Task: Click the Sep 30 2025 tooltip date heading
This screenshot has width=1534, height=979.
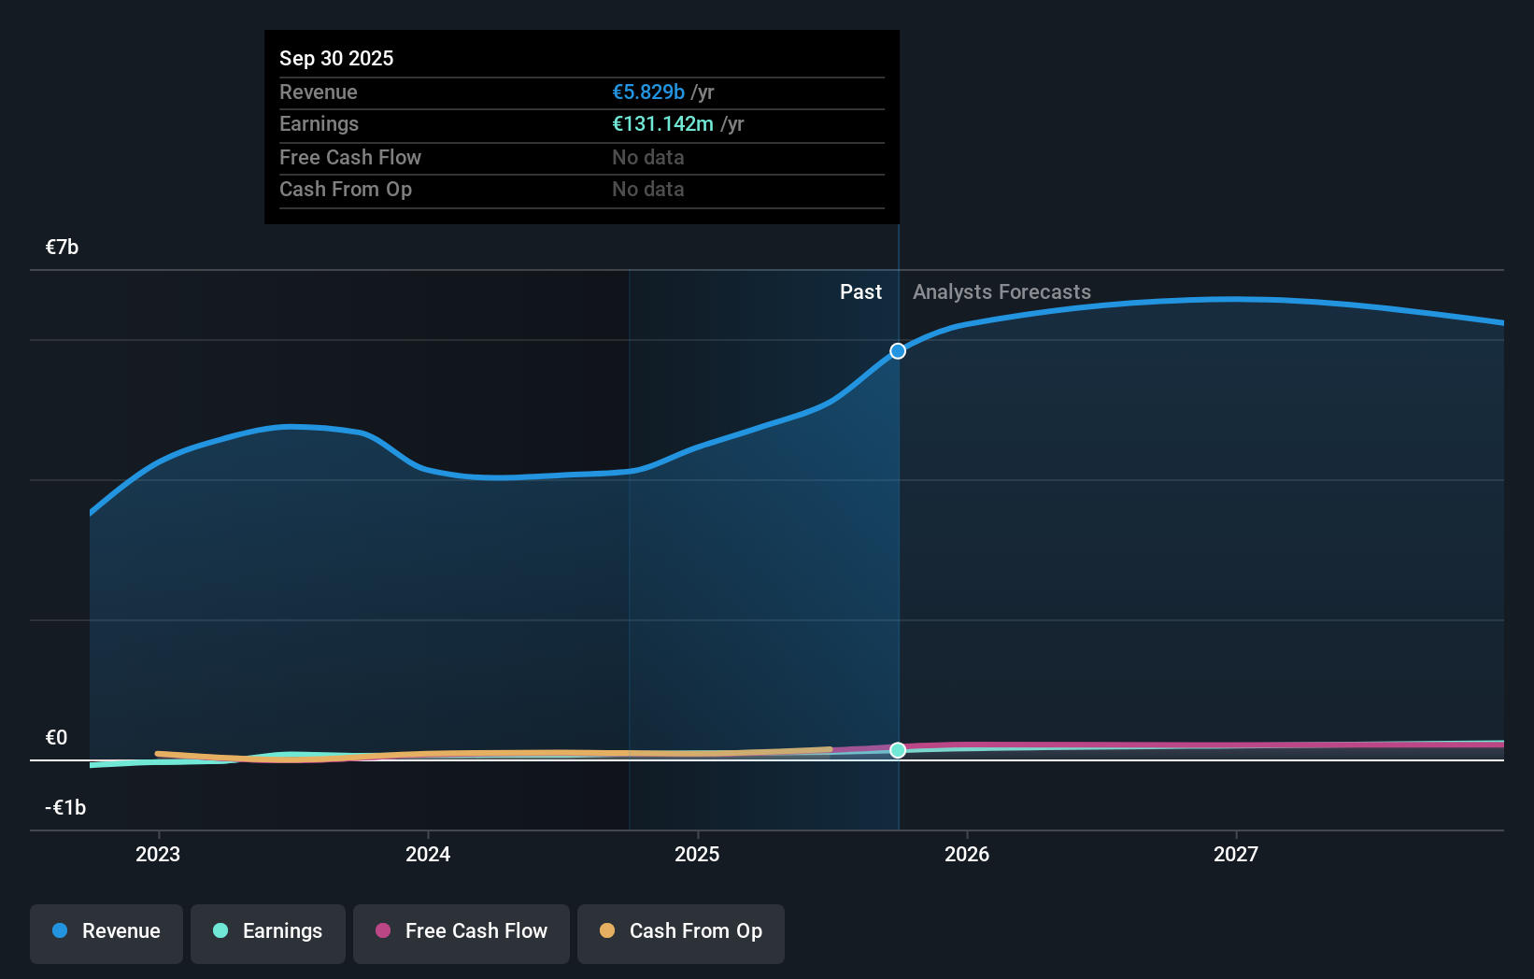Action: coord(336,58)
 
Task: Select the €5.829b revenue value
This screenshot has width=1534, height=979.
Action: coord(647,92)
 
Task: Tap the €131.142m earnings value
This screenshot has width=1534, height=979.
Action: coord(662,123)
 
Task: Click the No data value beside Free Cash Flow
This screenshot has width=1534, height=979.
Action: coord(647,157)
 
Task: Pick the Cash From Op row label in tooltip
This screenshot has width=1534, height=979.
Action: coord(346,189)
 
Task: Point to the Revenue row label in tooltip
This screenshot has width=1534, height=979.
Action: coord(319,92)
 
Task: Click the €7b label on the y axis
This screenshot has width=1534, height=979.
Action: coord(62,247)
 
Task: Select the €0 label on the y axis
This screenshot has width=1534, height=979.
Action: coord(56,737)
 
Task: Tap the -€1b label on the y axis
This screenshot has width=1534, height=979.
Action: coord(65,807)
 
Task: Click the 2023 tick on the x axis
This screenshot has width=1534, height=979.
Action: coord(158,854)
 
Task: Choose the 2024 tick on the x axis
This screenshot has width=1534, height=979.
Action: coord(428,854)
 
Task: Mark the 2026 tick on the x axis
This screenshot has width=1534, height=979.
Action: coord(967,854)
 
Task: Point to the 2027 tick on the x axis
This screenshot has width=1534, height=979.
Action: coord(1236,854)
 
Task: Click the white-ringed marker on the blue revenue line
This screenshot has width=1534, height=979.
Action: coord(898,351)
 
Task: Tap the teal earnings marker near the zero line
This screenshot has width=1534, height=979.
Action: coord(898,750)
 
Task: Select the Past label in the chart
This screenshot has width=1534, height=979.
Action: coord(860,291)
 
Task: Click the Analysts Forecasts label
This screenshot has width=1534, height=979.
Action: coord(1001,291)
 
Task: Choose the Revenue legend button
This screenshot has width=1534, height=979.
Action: coord(107,931)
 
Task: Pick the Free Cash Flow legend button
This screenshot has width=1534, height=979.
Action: coord(462,931)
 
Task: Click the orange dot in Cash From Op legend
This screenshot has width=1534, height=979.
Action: coord(607,930)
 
